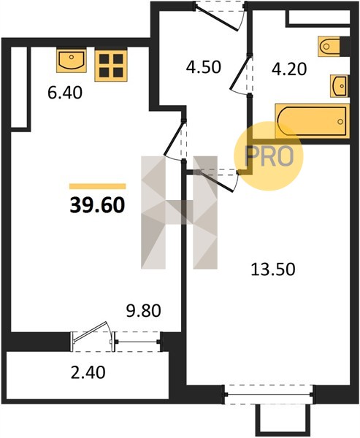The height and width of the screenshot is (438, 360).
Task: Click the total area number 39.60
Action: pyautogui.click(x=97, y=205)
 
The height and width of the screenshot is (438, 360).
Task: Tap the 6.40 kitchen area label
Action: pyautogui.click(x=65, y=93)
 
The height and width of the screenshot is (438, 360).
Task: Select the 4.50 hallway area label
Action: pyautogui.click(x=204, y=67)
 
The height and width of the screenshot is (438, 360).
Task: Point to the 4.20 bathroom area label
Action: pyautogui.click(x=289, y=69)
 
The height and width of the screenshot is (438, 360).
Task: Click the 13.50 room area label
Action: pyautogui.click(x=273, y=269)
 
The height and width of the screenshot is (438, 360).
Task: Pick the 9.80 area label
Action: pyautogui.click(x=143, y=311)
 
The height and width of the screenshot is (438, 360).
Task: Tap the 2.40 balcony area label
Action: pyautogui.click(x=88, y=372)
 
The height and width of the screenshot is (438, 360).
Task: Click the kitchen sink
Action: pyautogui.click(x=72, y=61)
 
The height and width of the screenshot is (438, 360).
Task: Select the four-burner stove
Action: pyautogui.click(x=111, y=65)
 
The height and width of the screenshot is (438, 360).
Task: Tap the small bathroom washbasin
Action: pyautogui.click(x=339, y=86)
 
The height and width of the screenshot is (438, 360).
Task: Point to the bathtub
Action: pyautogui.click(x=313, y=121)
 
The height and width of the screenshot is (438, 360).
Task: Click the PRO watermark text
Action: pyautogui.click(x=269, y=156)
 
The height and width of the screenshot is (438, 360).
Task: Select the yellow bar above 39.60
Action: pyautogui.click(x=98, y=186)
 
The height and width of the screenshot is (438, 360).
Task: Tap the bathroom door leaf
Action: pyautogui.click(x=240, y=72)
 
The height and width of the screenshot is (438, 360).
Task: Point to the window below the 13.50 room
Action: pyautogui.click(x=269, y=394)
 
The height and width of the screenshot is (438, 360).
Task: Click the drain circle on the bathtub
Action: pyautogui.click(x=340, y=121)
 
